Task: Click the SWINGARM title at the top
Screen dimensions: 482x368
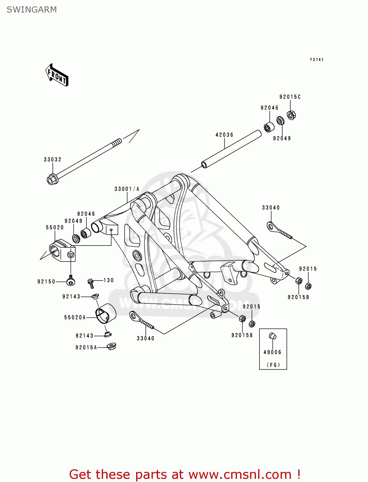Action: pos(31,10)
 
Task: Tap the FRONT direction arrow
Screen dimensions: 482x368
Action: pos(57,76)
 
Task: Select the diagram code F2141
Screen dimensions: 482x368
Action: pos(317,59)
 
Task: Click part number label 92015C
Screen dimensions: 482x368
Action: pos(290,97)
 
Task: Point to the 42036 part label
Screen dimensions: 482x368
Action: pos(224,135)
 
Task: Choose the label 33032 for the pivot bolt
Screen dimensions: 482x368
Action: pos(53,159)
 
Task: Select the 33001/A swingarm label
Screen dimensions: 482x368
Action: pos(127,189)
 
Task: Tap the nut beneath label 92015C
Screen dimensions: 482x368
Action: pos(291,115)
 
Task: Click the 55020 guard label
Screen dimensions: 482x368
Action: pos(55,228)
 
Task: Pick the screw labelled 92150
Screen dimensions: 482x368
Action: pos(71,281)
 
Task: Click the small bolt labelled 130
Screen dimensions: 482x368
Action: pos(91,282)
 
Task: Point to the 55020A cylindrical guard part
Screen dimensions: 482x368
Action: pos(106,313)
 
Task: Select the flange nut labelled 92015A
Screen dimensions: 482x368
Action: pos(111,346)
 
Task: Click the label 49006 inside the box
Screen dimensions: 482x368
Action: pos(272,352)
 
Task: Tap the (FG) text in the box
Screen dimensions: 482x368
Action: pos(273,365)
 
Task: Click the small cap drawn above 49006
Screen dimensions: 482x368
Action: pos(272,336)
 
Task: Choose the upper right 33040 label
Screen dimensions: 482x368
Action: pos(271,208)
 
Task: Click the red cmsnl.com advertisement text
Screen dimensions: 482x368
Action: pos(185,474)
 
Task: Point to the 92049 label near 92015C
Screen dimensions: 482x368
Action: pos(282,138)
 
